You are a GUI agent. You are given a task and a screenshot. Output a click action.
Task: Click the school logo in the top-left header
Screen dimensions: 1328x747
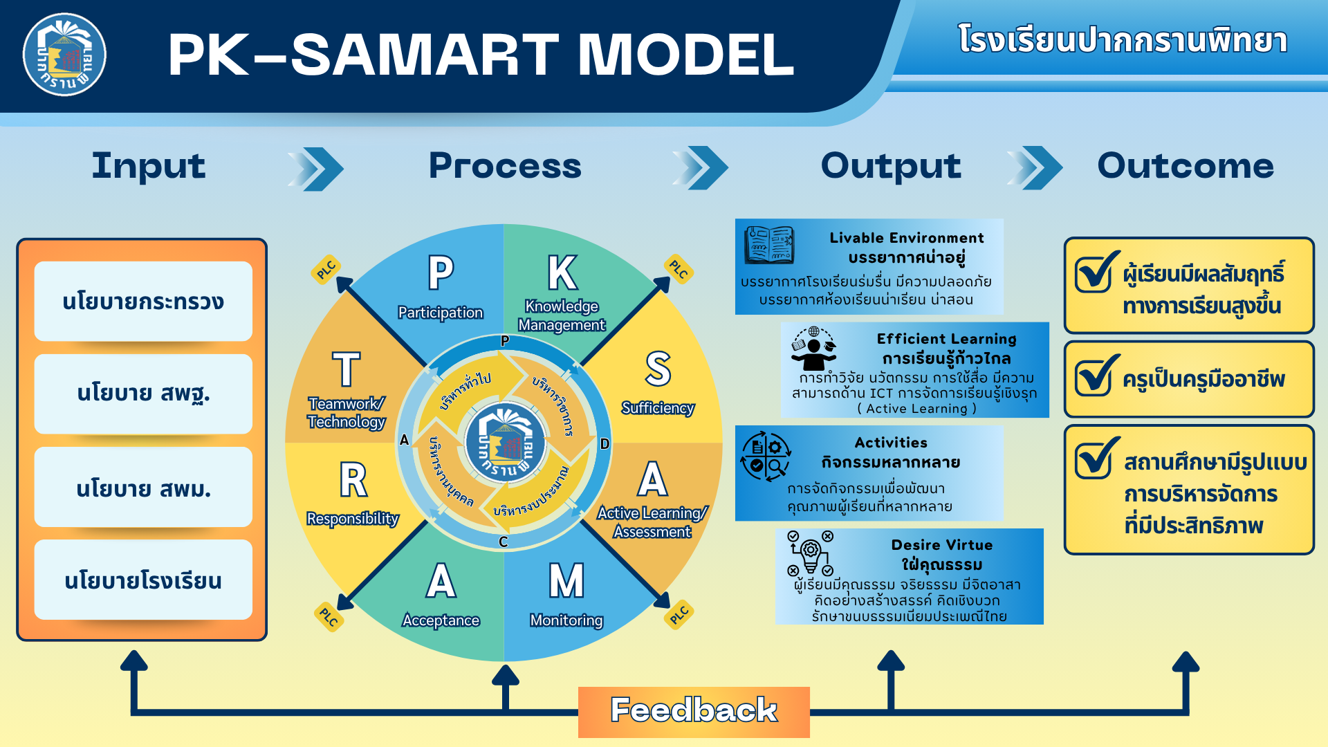coord(64,55)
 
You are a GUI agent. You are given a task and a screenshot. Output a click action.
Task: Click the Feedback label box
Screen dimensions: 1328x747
coord(694,712)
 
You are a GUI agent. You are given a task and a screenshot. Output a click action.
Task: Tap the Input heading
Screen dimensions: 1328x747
coord(149,166)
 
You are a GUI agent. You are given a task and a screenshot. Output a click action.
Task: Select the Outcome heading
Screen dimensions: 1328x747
coord(1186,166)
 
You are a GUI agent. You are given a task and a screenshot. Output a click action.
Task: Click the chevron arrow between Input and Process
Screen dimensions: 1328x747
coord(315,168)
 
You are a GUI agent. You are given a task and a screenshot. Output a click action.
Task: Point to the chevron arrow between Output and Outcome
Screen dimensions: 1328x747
coord(1035,168)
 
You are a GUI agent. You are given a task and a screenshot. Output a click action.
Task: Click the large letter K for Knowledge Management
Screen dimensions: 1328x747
coord(562,273)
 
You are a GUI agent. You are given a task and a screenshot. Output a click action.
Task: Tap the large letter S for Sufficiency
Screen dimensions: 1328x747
coord(658,369)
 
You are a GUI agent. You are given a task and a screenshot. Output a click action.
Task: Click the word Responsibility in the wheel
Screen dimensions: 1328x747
coord(353,519)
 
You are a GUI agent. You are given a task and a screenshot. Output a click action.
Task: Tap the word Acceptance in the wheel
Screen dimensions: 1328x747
coord(441,620)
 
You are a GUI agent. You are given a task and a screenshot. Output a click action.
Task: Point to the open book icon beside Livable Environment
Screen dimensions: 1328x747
coord(769,245)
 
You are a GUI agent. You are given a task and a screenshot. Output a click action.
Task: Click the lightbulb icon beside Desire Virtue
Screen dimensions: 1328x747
coord(810,553)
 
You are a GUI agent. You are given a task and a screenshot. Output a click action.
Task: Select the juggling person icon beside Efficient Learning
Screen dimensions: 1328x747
coord(813,349)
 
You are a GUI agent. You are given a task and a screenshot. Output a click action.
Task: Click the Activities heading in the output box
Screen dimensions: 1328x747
coord(891,443)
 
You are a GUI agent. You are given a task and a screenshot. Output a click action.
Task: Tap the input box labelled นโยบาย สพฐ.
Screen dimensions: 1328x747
coord(143,394)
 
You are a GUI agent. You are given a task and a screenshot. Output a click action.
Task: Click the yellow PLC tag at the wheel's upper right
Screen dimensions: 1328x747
coord(679,269)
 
